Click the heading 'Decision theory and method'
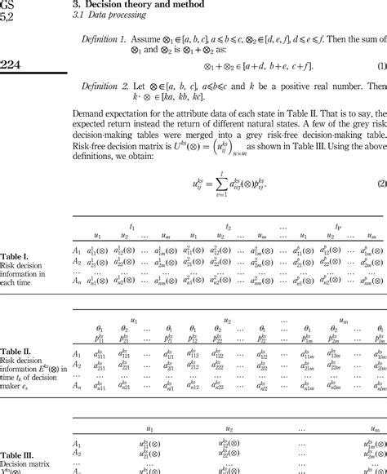[x=136, y=4]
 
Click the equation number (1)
[x=381, y=65]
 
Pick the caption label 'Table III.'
[x=17, y=455]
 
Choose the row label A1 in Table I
[x=77, y=250]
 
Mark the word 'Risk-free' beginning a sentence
[x=90, y=151]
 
